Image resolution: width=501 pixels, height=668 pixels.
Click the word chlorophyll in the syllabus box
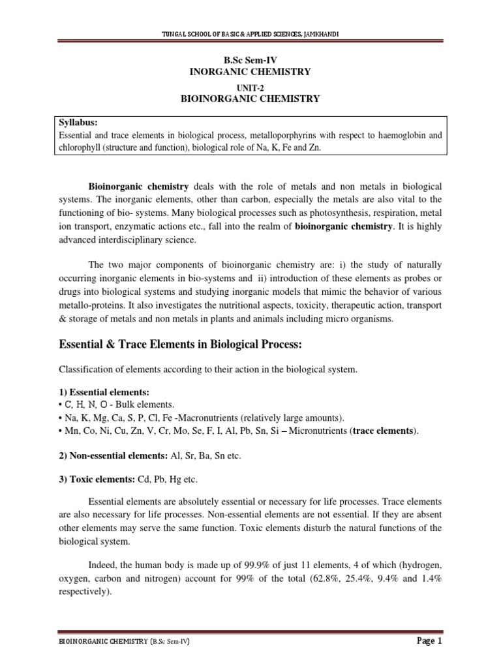pos(77,149)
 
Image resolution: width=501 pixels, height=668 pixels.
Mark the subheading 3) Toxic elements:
pos(97,479)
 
